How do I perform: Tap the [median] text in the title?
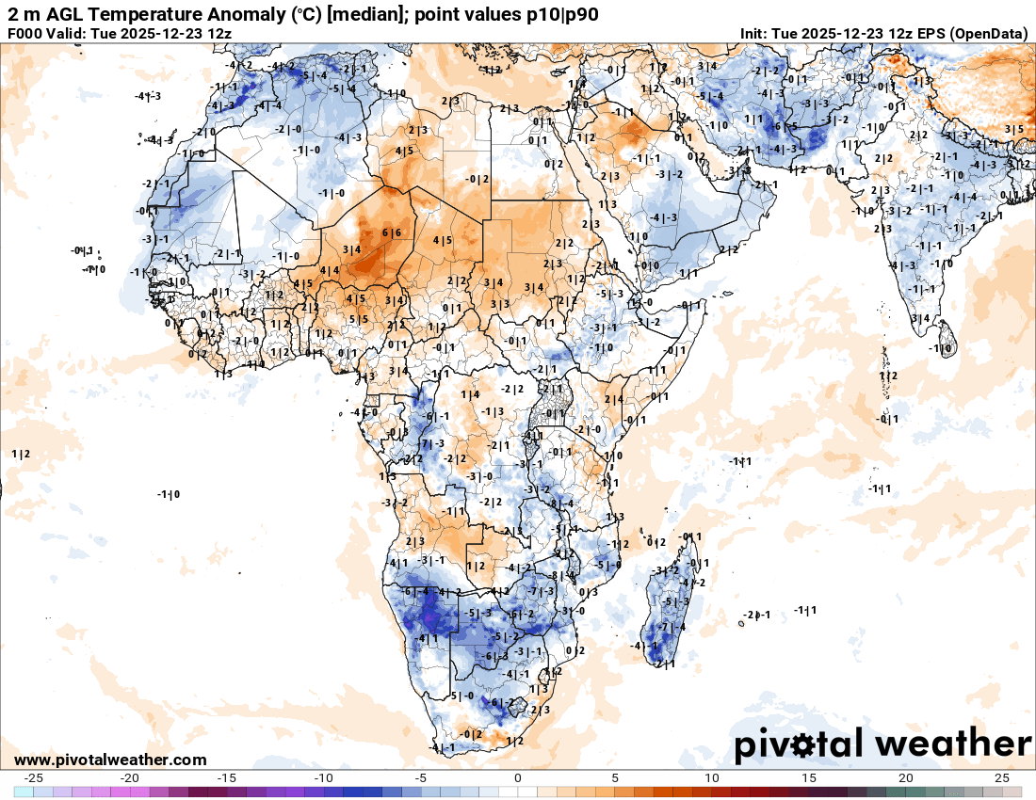tap(352, 14)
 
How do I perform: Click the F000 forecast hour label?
tap(26, 34)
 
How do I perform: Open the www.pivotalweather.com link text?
tap(110, 760)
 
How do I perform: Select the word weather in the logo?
tap(953, 744)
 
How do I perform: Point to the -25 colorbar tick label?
tap(34, 778)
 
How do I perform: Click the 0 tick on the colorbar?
tap(518, 778)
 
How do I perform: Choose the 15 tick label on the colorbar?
tap(808, 778)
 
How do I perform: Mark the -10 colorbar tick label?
tap(323, 778)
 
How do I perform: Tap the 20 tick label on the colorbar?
tap(905, 778)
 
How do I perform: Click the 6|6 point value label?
tap(392, 232)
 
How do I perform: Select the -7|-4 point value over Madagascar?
tap(672, 627)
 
